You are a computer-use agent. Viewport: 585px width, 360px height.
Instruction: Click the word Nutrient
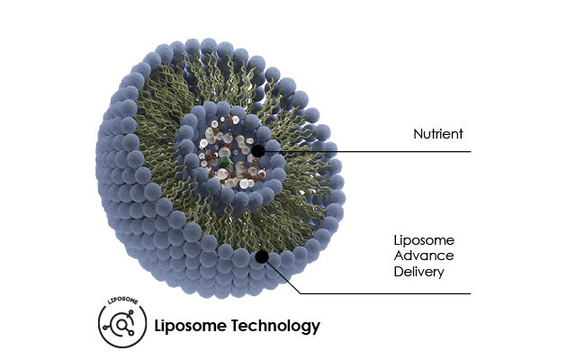point(437,134)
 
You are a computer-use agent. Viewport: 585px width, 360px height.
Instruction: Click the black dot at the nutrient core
point(258,151)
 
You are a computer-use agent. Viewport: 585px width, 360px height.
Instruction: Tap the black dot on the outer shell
point(262,256)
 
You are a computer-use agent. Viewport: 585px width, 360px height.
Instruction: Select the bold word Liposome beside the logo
point(191,326)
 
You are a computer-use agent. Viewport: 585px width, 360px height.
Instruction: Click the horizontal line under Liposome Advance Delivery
point(387,293)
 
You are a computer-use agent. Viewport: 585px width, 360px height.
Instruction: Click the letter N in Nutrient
point(417,134)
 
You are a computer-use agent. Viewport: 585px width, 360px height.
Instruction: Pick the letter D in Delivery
point(399,271)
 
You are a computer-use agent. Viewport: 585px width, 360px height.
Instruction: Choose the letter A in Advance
point(399,256)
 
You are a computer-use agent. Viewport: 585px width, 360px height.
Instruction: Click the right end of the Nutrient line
point(470,151)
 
